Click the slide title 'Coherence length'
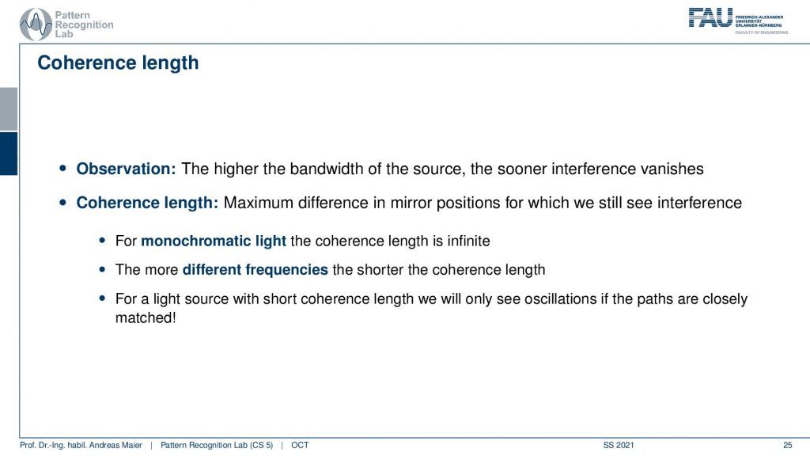118,63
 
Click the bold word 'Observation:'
126,169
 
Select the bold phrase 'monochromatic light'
214,241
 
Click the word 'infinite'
468,241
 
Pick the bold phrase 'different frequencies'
255,270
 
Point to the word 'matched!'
146,317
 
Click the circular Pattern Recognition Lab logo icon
36,25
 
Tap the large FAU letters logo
710,17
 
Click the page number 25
787,445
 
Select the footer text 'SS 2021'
619,445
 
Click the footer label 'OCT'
300,445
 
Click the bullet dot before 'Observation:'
63,168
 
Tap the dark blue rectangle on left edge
9,154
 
